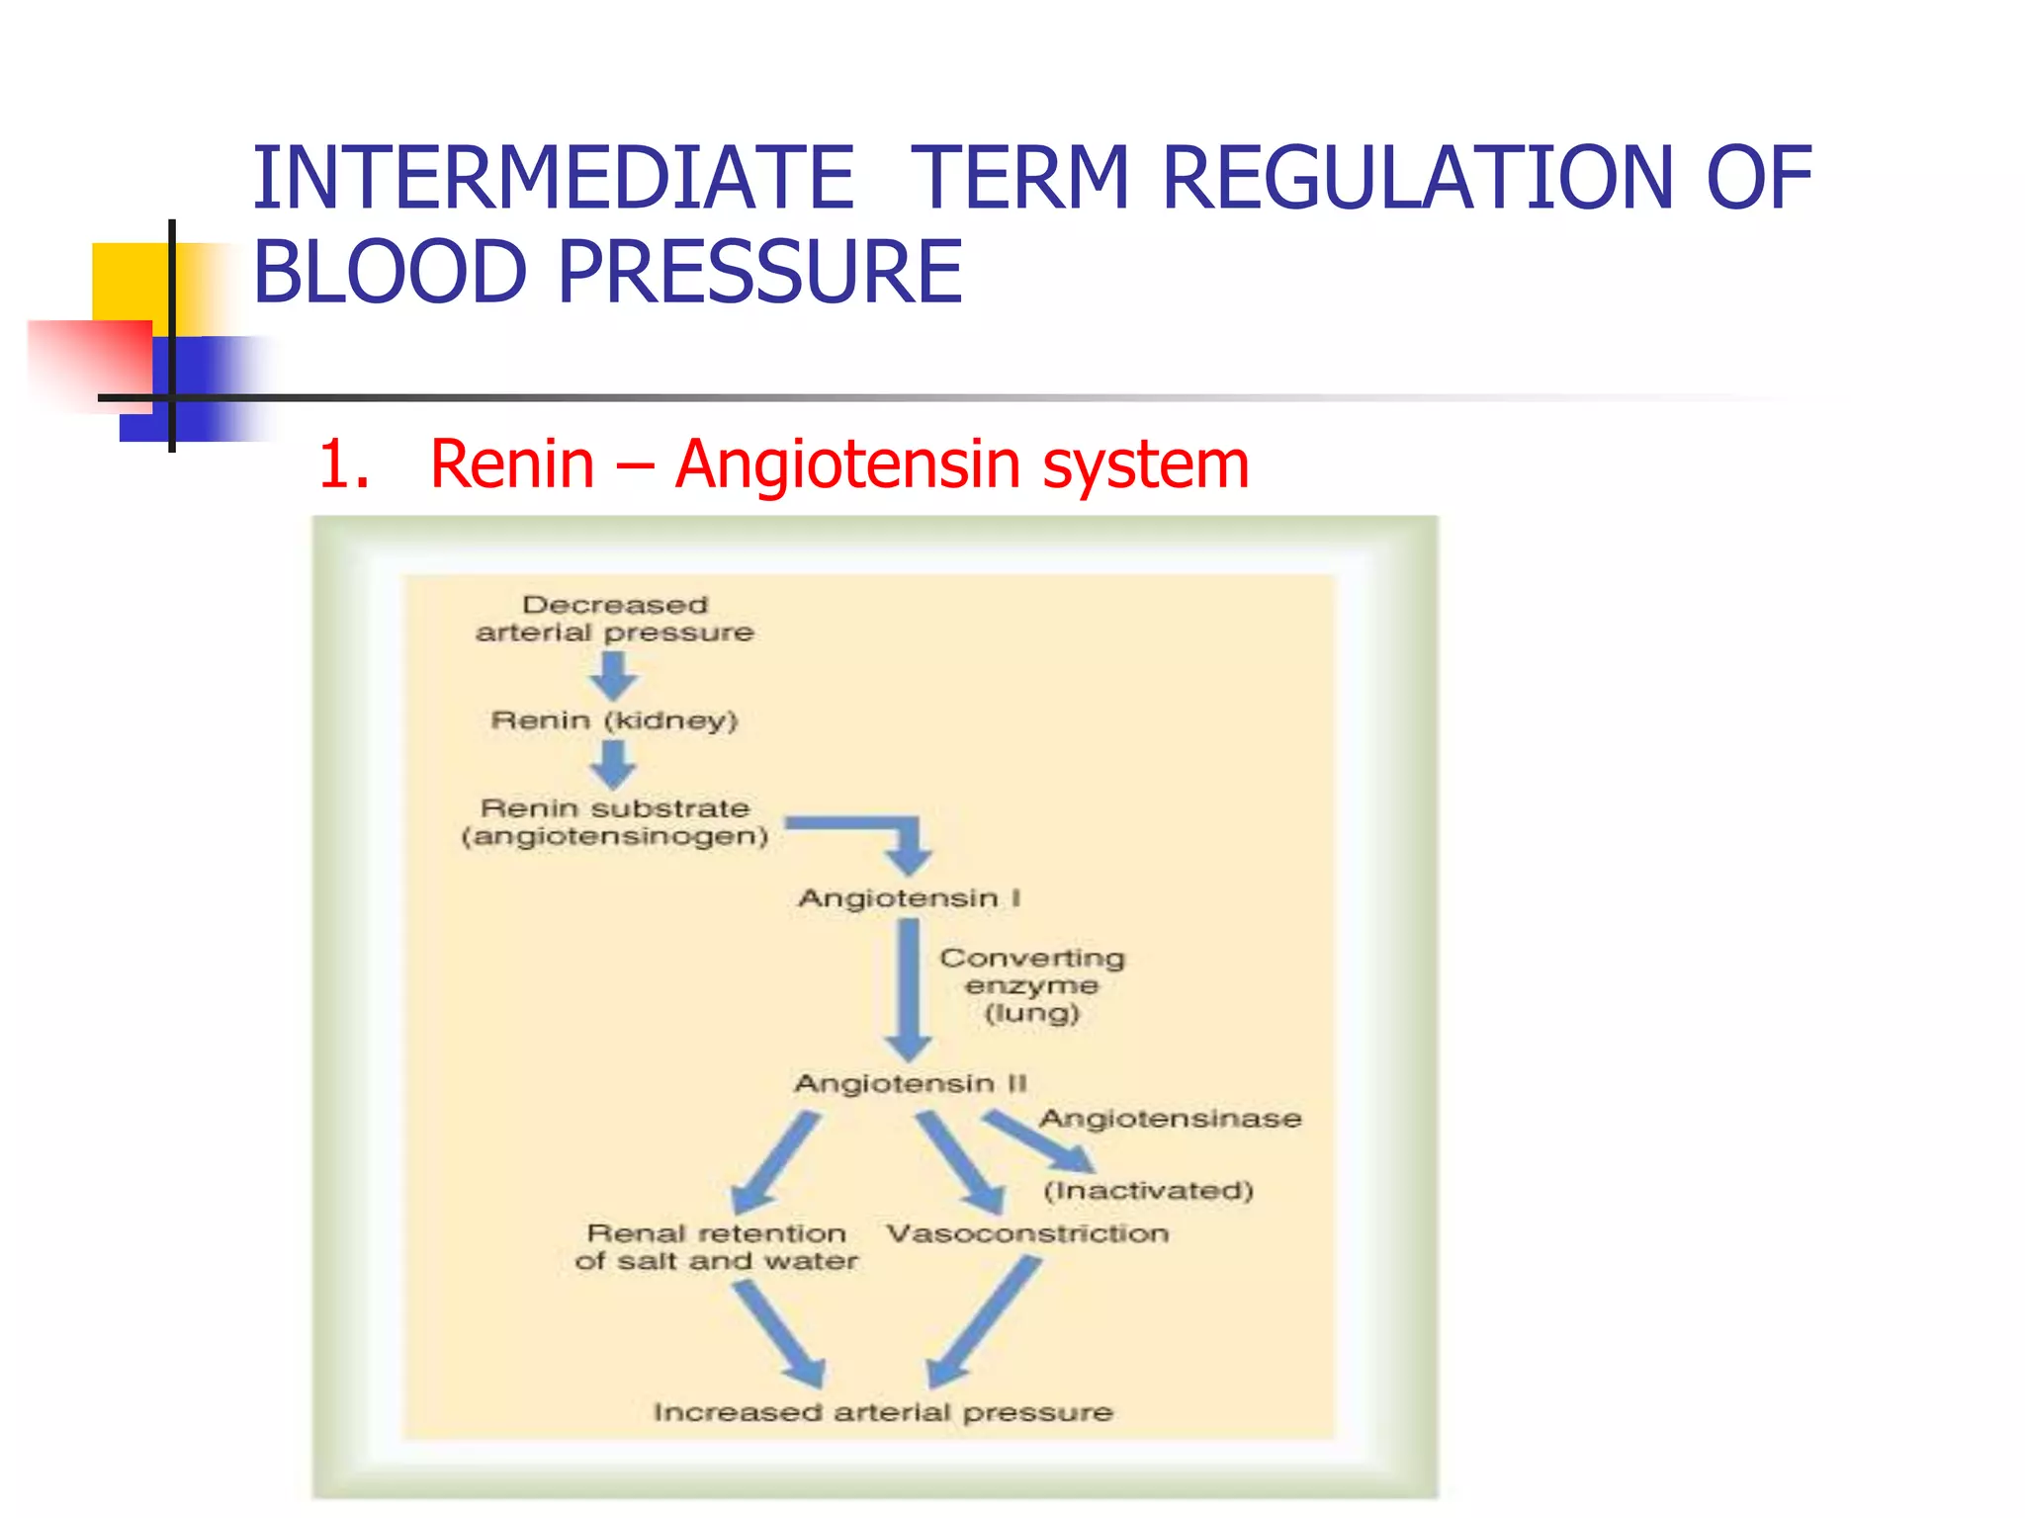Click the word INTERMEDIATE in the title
coord(553,179)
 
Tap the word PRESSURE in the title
coord(759,272)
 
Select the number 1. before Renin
coord(343,464)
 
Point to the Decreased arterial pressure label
coord(614,619)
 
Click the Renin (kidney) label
coord(614,720)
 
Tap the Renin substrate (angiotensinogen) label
coord(614,822)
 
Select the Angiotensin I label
coord(909,898)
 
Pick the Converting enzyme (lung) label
coord(1031,985)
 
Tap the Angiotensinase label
coord(1170,1119)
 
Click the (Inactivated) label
coord(1148,1191)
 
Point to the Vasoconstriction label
coord(1027,1233)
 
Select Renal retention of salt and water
coord(716,1247)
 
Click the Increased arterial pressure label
coord(883,1412)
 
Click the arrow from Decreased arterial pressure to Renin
coord(614,676)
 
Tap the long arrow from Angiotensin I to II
coord(909,988)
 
